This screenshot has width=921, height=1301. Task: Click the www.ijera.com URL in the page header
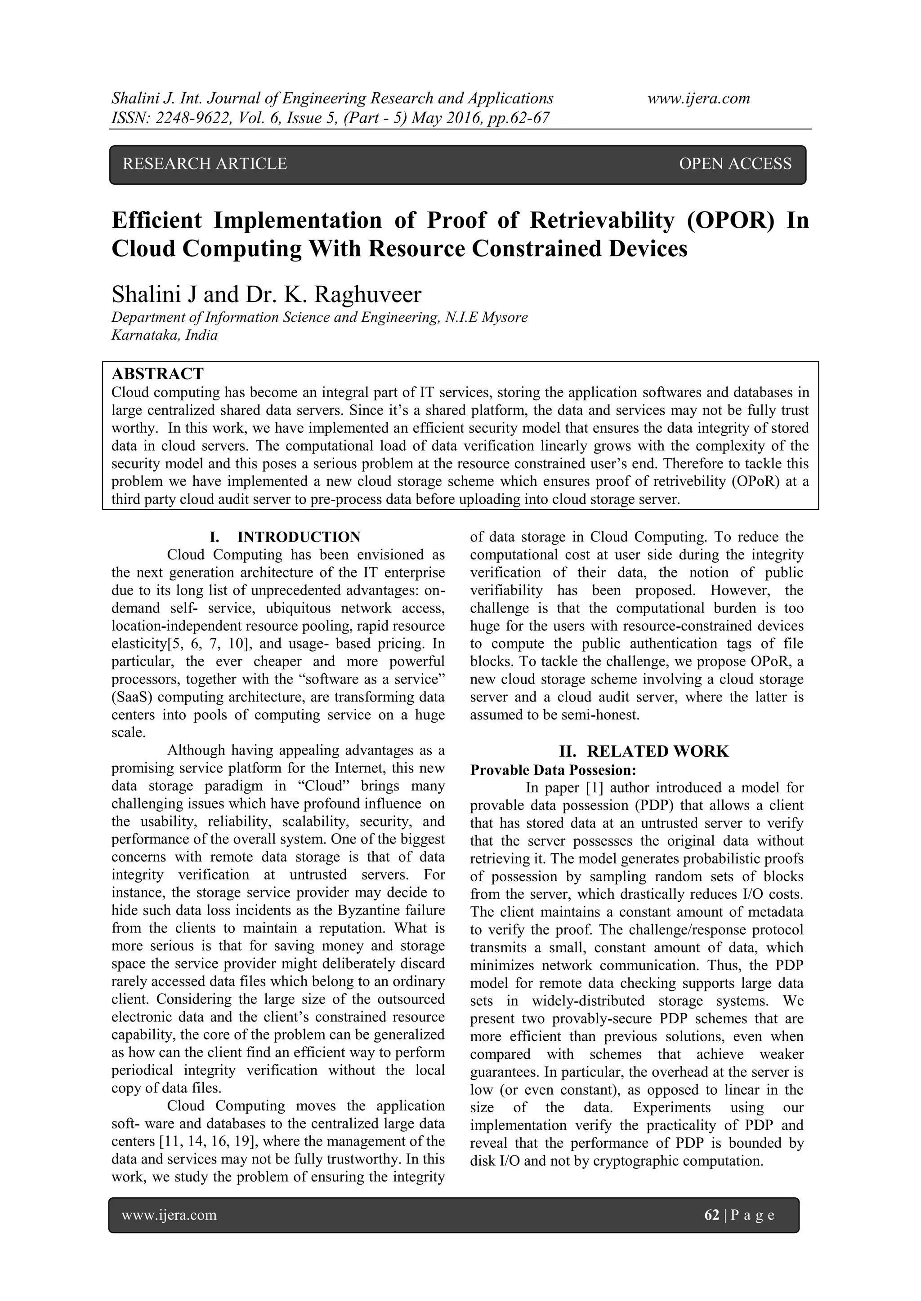[699, 98]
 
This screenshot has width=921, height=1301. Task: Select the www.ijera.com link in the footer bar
[169, 1214]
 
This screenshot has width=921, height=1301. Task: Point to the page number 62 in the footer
[711, 1214]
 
